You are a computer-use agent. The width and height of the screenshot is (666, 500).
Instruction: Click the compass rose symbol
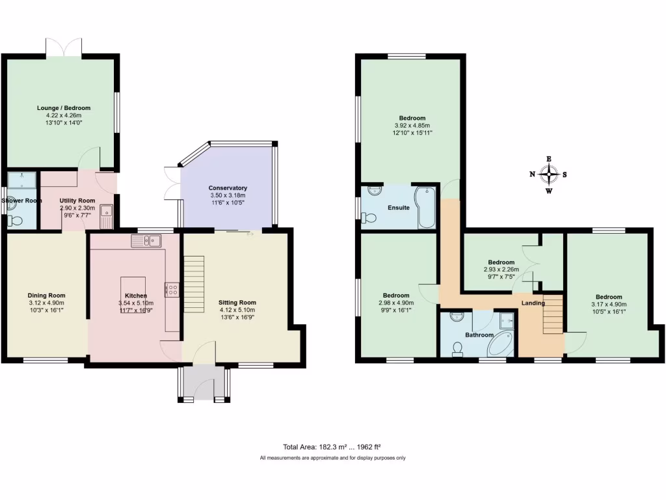[550, 174]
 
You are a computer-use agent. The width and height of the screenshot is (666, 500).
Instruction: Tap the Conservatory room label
[228, 188]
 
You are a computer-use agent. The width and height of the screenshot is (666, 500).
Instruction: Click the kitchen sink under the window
[146, 242]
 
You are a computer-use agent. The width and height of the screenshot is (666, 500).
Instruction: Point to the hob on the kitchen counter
[172, 289]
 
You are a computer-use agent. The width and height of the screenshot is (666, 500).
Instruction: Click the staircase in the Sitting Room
[194, 284]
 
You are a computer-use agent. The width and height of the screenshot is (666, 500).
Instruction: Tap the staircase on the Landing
[552, 314]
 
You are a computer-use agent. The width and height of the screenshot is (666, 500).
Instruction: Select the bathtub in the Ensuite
[426, 207]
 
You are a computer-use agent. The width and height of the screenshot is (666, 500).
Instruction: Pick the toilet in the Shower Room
[14, 221]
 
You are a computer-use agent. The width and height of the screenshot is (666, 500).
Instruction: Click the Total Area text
[332, 447]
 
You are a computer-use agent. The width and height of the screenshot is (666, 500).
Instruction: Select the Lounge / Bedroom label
[63, 108]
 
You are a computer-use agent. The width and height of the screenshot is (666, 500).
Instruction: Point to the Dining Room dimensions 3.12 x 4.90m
[46, 303]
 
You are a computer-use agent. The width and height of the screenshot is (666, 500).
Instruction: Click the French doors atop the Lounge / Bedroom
[64, 48]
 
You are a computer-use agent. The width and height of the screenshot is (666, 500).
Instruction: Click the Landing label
[533, 303]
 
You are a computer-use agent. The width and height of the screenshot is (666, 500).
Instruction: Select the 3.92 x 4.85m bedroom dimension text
[412, 126]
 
